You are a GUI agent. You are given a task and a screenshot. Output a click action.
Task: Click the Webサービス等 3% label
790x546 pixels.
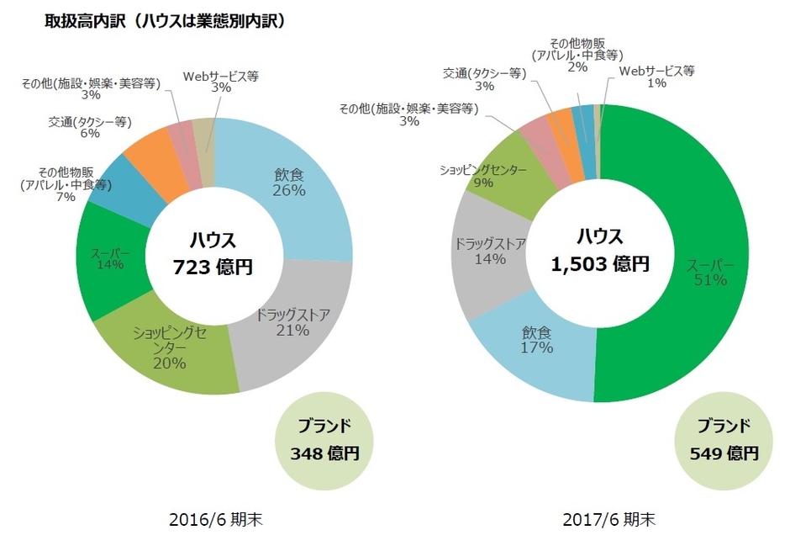coord(220,82)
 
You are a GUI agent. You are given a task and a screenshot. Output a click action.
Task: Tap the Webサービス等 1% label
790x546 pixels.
coord(656,77)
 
